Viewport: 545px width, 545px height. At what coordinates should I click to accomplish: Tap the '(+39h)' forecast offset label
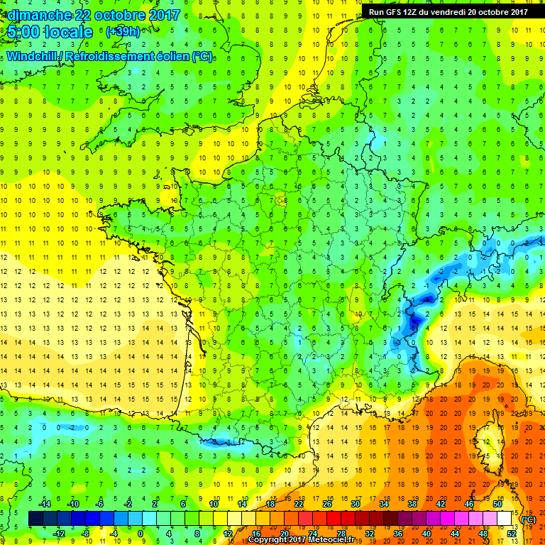click(x=123, y=32)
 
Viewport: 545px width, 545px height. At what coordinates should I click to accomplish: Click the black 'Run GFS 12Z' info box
click(x=448, y=11)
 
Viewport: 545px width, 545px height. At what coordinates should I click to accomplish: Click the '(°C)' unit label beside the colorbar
click(x=529, y=519)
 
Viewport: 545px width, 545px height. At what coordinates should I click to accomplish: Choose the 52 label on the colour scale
click(x=511, y=534)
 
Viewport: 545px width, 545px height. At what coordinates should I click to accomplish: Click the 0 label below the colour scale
click(x=141, y=534)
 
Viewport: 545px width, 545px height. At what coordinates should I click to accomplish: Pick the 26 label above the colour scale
click(x=326, y=503)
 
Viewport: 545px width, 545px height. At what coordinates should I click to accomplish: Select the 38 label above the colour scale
click(x=412, y=503)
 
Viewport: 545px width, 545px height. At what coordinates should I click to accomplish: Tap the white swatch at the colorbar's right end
click(x=504, y=519)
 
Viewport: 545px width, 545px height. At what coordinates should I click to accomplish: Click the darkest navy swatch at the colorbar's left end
click(x=35, y=519)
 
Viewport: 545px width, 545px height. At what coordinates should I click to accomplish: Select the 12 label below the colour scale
click(x=227, y=534)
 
